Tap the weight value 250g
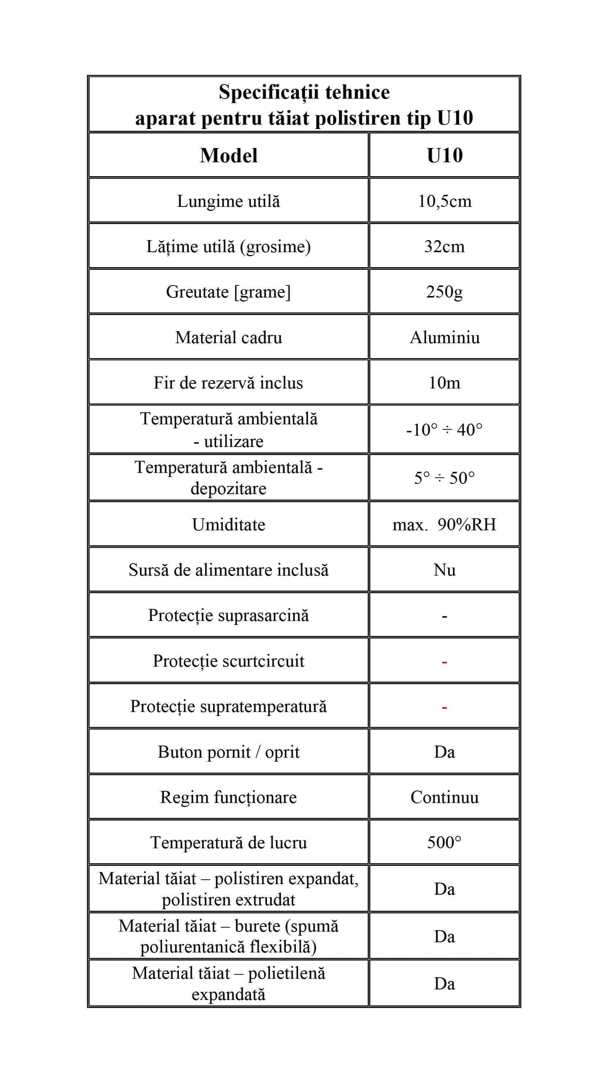coord(445,292)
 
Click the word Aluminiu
coord(445,337)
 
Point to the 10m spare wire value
coord(445,383)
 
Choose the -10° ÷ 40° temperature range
coord(445,430)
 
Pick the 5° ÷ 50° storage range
coord(445,478)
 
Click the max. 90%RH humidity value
coord(445,524)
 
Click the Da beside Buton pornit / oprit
coord(445,752)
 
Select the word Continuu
coord(445,797)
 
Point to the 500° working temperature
coord(445,843)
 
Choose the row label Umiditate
coord(228,524)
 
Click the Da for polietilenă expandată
coord(445,984)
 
